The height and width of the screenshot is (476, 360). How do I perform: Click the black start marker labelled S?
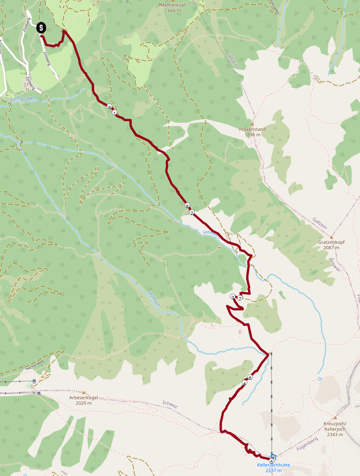pyautogui.click(x=41, y=27)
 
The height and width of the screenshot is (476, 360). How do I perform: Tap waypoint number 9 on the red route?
pyautogui.click(x=109, y=106)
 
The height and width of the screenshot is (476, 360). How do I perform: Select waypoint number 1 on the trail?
pyautogui.click(x=114, y=112)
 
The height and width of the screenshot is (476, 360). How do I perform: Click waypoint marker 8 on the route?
pyautogui.click(x=187, y=206)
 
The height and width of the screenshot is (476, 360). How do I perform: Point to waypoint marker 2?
pyautogui.click(x=192, y=212)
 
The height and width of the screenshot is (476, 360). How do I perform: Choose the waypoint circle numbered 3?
pyautogui.click(x=233, y=297)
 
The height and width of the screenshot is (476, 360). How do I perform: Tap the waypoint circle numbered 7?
pyautogui.click(x=240, y=298)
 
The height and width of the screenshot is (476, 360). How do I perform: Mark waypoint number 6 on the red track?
pyautogui.click(x=250, y=378)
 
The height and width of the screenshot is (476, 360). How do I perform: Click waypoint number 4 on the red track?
pyautogui.click(x=245, y=383)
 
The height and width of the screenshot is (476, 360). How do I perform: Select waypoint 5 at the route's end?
pyautogui.click(x=272, y=461)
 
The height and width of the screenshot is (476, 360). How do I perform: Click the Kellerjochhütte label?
pyautogui.click(x=273, y=465)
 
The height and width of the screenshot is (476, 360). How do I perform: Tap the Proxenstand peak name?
pyautogui.click(x=252, y=129)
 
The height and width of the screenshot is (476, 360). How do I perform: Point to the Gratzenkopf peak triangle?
pyautogui.click(x=332, y=237)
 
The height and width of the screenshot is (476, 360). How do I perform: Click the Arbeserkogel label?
pyautogui.click(x=84, y=398)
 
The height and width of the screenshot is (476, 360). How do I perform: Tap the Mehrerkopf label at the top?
pyautogui.click(x=175, y=5)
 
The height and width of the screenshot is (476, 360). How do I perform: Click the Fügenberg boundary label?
pyautogui.click(x=307, y=443)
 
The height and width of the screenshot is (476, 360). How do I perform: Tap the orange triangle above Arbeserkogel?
pyautogui.click(x=84, y=392)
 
